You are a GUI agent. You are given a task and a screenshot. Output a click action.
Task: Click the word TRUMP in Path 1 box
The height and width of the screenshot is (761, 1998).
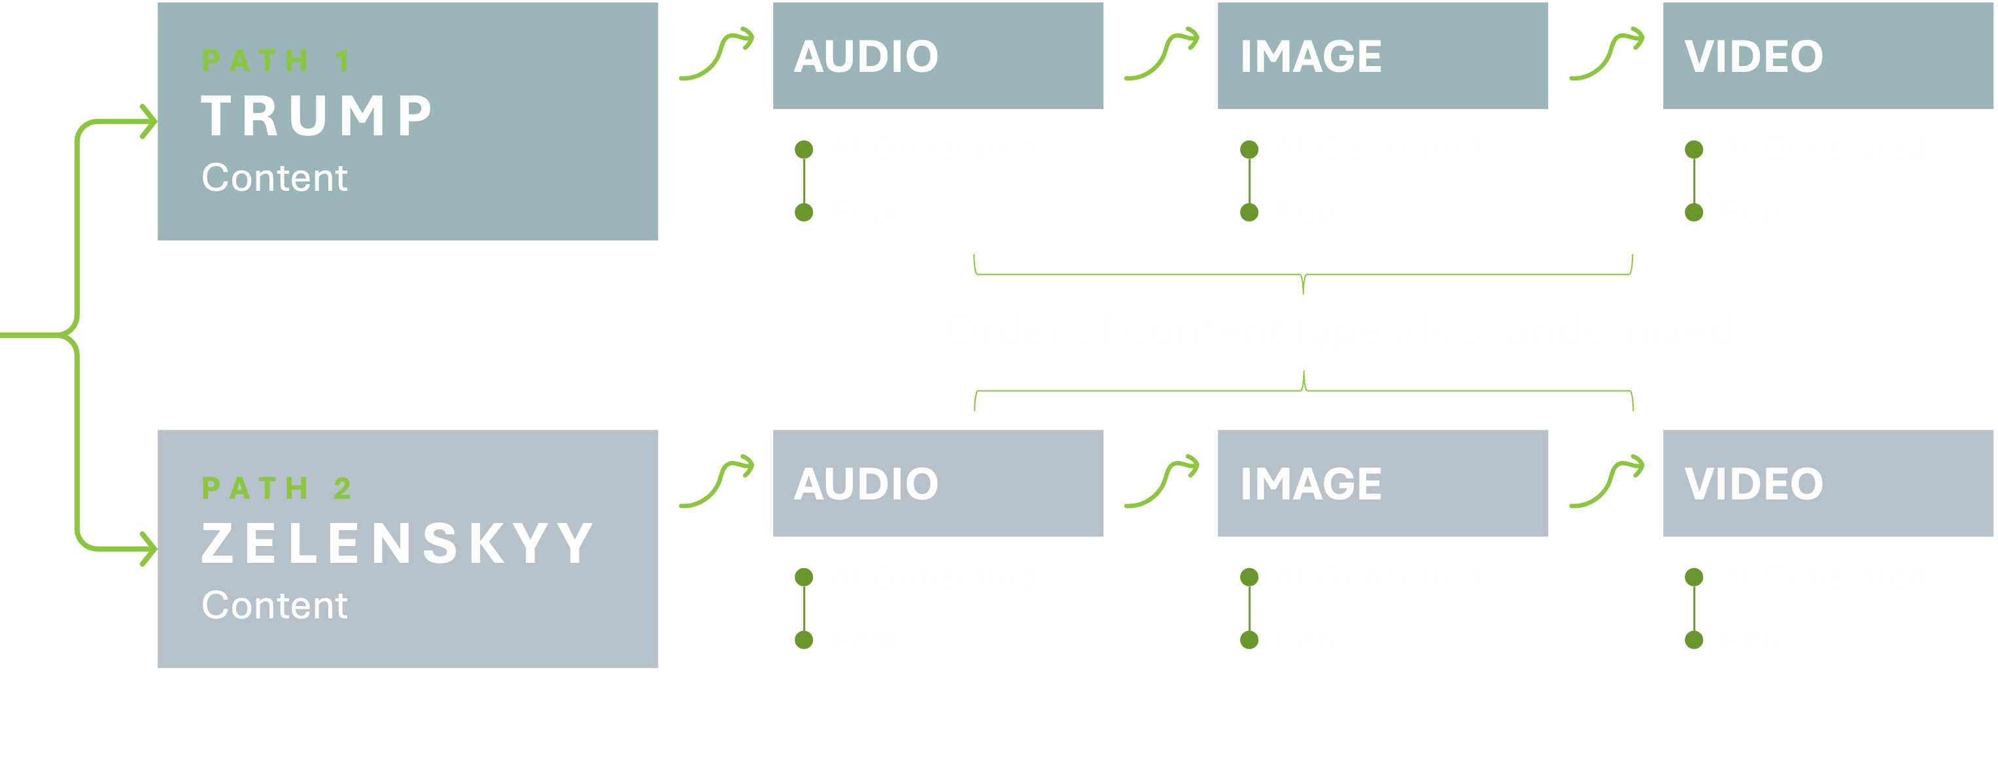[x=317, y=116]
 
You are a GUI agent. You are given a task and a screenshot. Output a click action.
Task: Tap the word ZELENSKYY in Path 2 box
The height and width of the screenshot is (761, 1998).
[x=397, y=544]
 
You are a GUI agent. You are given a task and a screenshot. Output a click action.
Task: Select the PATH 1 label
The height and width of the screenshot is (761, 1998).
[x=276, y=61]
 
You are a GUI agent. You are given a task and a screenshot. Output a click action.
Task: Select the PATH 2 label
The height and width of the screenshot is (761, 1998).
[x=276, y=488]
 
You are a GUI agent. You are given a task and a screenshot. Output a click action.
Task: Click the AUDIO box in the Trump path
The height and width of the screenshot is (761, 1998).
[x=938, y=56]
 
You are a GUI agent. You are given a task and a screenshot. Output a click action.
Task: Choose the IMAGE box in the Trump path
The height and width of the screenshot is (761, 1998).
[x=1382, y=56]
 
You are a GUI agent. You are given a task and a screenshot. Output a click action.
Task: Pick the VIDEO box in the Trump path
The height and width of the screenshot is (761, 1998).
[x=1827, y=56]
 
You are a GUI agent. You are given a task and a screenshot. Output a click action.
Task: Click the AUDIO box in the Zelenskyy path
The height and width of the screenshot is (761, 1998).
[x=938, y=483]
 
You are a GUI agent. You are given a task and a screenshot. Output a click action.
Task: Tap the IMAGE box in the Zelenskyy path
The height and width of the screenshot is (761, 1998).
[x=1382, y=483]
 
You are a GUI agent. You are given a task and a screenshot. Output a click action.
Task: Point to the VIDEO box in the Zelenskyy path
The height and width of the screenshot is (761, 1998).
[x=1827, y=483]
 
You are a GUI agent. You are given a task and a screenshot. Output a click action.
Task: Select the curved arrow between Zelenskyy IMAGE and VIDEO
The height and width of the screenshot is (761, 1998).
[x=1606, y=482]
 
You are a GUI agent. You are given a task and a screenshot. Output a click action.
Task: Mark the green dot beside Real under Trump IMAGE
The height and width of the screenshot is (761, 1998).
[x=1249, y=212]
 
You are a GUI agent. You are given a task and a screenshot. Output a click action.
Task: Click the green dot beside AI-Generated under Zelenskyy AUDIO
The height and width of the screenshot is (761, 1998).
[x=804, y=577]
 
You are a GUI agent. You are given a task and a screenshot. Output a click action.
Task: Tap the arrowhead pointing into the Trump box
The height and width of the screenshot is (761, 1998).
[x=147, y=122]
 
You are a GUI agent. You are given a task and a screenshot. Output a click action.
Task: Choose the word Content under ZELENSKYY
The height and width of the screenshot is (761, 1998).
[x=275, y=605]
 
